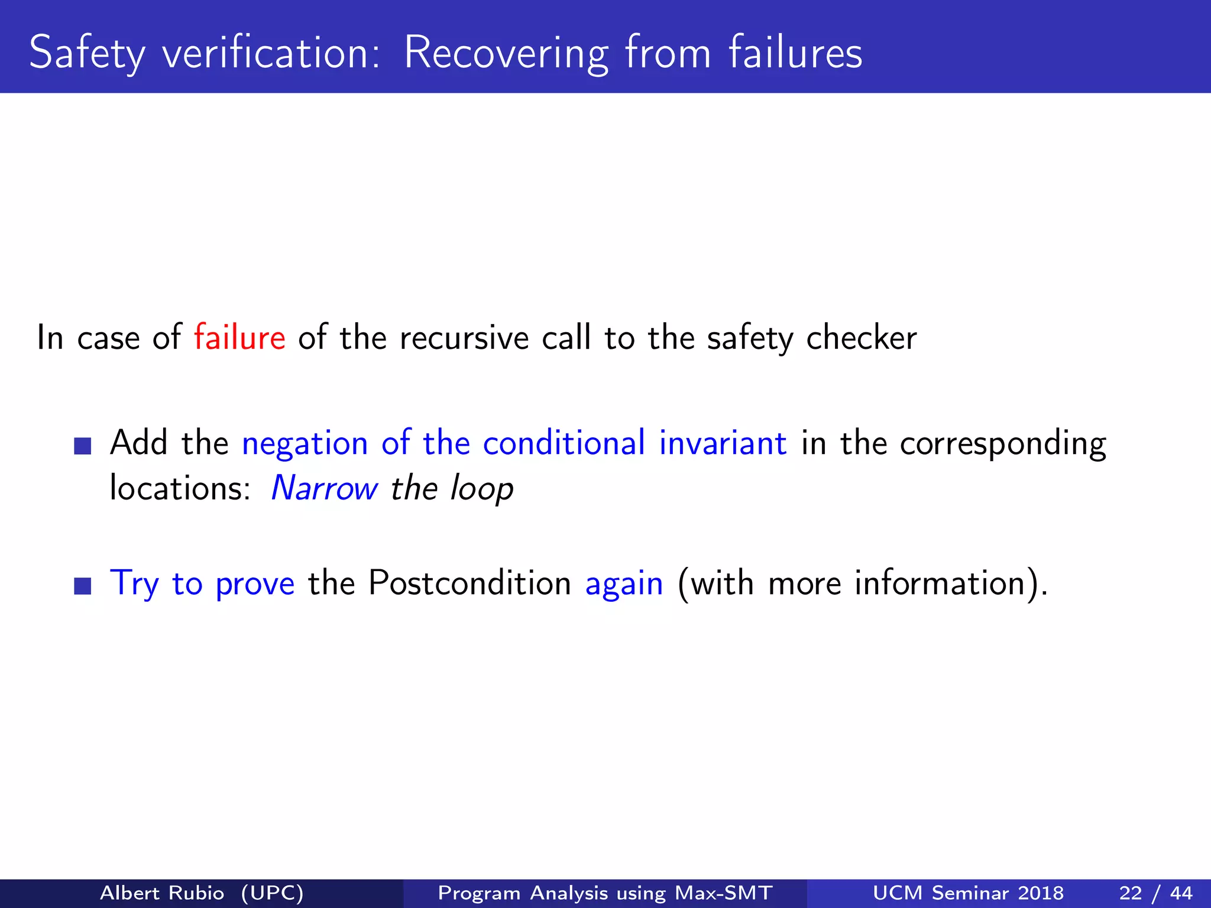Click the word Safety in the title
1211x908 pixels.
pyautogui.click(x=86, y=53)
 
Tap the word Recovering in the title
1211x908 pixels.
pyautogui.click(x=506, y=53)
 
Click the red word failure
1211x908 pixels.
pyautogui.click(x=239, y=338)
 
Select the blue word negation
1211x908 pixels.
pyautogui.click(x=305, y=443)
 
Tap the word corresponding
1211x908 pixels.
pyautogui.click(x=1002, y=443)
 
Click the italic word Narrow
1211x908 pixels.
pyautogui.click(x=324, y=488)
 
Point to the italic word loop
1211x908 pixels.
pyautogui.click(x=481, y=489)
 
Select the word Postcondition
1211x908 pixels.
pyautogui.click(x=469, y=583)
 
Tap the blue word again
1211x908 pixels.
pyautogui.click(x=624, y=584)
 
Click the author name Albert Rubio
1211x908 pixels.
pyautogui.click(x=162, y=893)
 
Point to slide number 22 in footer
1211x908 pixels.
pyautogui.click(x=1130, y=893)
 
